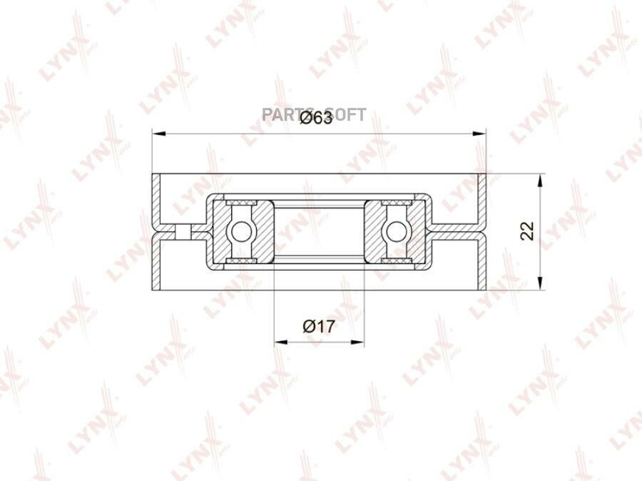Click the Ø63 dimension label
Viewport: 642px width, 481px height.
[316, 118]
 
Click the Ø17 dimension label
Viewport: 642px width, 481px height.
[319, 327]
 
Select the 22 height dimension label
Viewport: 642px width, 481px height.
[527, 231]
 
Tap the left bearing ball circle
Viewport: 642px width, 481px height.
[241, 232]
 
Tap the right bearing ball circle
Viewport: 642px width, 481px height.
[396, 232]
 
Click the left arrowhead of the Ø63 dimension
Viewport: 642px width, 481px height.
[158, 133]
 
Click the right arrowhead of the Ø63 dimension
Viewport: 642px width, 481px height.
[479, 133]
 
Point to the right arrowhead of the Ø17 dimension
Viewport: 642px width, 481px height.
[357, 341]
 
